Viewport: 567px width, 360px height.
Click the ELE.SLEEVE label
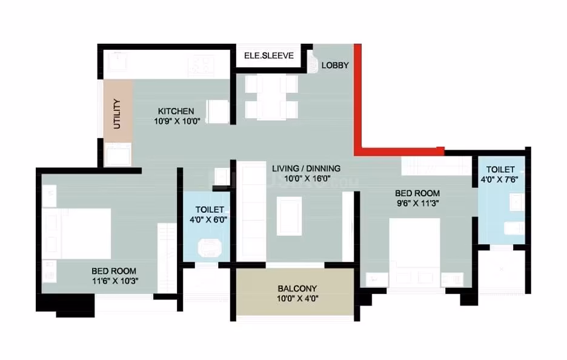(x=269, y=56)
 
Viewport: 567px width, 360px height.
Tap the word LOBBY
(x=335, y=65)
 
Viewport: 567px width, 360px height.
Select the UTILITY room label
(x=117, y=113)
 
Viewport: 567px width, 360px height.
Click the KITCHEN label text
(x=176, y=111)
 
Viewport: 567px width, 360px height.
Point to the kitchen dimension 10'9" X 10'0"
(x=177, y=121)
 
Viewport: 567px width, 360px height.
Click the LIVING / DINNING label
(x=307, y=168)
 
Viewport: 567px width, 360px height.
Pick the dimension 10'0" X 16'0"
(x=307, y=178)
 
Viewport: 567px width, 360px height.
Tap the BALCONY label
(x=297, y=288)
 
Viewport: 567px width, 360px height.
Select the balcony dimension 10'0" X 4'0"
(x=297, y=299)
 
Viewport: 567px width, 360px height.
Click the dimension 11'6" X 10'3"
(x=115, y=281)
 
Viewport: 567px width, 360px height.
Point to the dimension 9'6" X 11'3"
(x=418, y=204)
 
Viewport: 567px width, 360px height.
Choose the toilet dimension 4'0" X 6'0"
(x=208, y=219)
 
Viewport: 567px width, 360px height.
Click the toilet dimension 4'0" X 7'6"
(x=500, y=179)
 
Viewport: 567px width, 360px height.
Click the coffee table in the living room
(x=290, y=216)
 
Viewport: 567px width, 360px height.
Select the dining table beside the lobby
(x=271, y=97)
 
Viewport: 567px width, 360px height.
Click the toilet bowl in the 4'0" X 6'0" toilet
(x=209, y=248)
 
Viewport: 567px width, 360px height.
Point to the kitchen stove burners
(x=201, y=65)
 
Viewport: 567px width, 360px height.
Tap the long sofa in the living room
(x=251, y=211)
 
